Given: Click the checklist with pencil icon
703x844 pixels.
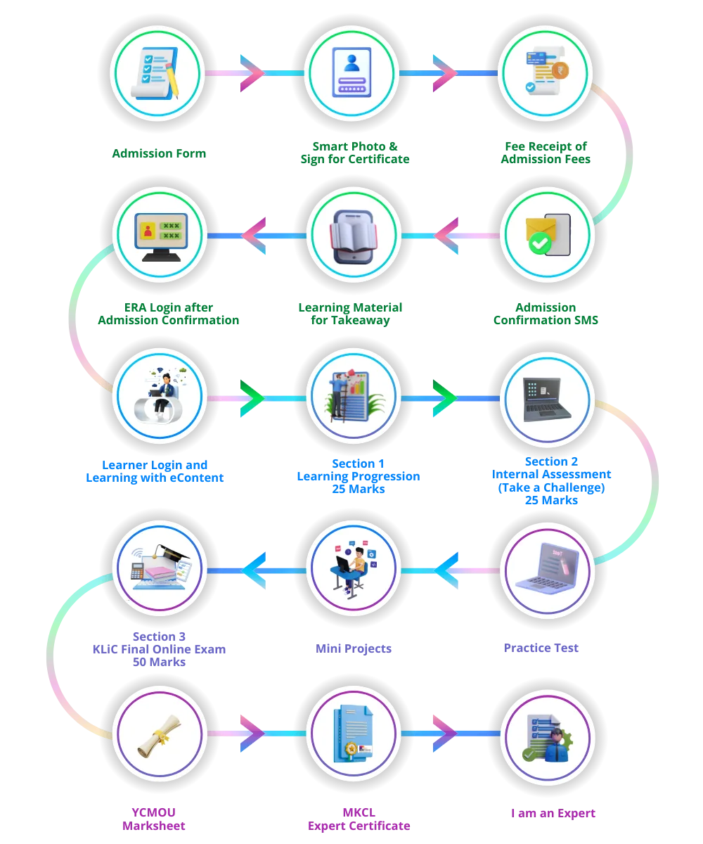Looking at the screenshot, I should (x=157, y=72).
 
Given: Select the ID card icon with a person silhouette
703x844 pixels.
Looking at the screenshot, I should (x=353, y=72).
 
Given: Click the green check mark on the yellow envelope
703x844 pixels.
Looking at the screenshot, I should (x=540, y=243).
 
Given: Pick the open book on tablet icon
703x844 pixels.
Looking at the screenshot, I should (x=354, y=236).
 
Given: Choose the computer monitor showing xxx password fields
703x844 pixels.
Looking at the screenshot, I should (x=160, y=236).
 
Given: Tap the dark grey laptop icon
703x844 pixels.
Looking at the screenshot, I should (x=546, y=399).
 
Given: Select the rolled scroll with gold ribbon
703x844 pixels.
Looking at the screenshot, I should (x=158, y=736).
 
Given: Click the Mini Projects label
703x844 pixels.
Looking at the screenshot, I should (x=353, y=648).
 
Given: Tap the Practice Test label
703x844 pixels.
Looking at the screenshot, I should (x=541, y=646).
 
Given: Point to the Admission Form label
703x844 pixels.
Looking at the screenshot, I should (x=160, y=152).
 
